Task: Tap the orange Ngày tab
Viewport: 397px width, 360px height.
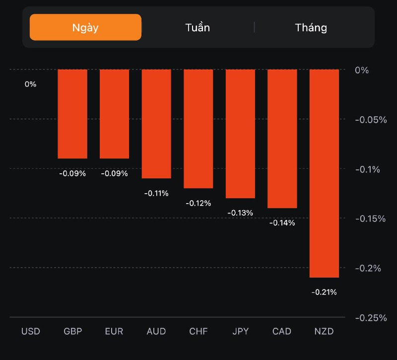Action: pyautogui.click(x=85, y=27)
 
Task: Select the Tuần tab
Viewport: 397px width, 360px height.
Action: pyautogui.click(x=198, y=27)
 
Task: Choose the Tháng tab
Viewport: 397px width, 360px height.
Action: pyautogui.click(x=311, y=27)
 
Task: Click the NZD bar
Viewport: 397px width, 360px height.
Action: pyautogui.click(x=324, y=173)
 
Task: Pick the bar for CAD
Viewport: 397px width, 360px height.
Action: pyautogui.click(x=282, y=139)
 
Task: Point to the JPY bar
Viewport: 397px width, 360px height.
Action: pyautogui.click(x=240, y=134)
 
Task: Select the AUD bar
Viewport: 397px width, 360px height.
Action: pyautogui.click(x=156, y=124)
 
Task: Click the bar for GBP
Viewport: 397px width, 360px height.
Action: pyautogui.click(x=72, y=114)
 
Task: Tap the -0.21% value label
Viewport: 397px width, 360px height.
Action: pyautogui.click(x=324, y=292)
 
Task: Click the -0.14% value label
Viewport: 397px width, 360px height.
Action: pyautogui.click(x=282, y=223)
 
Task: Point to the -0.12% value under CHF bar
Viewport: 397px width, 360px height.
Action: pyautogui.click(x=198, y=203)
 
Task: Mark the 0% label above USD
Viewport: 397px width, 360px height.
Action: pyautogui.click(x=30, y=84)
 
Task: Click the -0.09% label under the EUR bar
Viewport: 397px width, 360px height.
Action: pyautogui.click(x=115, y=173)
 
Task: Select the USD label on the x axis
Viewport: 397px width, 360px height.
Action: pyautogui.click(x=30, y=331)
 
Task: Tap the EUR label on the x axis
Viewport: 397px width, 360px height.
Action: pyautogui.click(x=114, y=331)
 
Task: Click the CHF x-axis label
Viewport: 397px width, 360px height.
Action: pyautogui.click(x=198, y=331)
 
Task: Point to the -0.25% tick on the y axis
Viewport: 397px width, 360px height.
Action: pyautogui.click(x=370, y=318)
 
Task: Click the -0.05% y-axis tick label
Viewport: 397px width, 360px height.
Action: pyautogui.click(x=370, y=120)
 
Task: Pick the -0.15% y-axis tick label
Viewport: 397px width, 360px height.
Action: pyautogui.click(x=370, y=218)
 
